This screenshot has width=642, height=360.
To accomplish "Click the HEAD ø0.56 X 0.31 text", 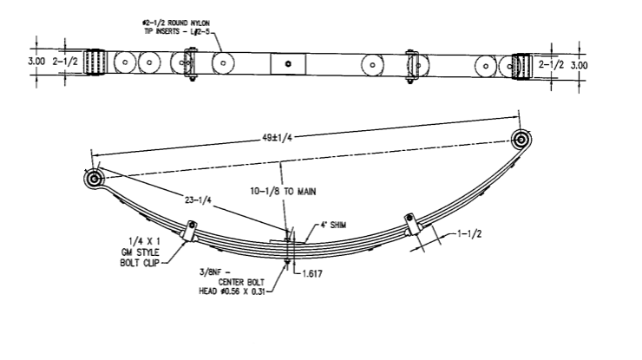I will [x=230, y=291].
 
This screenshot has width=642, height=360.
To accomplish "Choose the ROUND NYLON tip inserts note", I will [x=184, y=21].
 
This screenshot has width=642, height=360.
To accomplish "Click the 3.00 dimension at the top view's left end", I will [x=36, y=62].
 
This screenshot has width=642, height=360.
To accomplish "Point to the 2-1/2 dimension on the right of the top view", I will [x=550, y=63].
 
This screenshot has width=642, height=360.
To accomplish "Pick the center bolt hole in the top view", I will [x=289, y=64].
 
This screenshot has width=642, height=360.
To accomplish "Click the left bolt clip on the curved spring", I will [x=191, y=231].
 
